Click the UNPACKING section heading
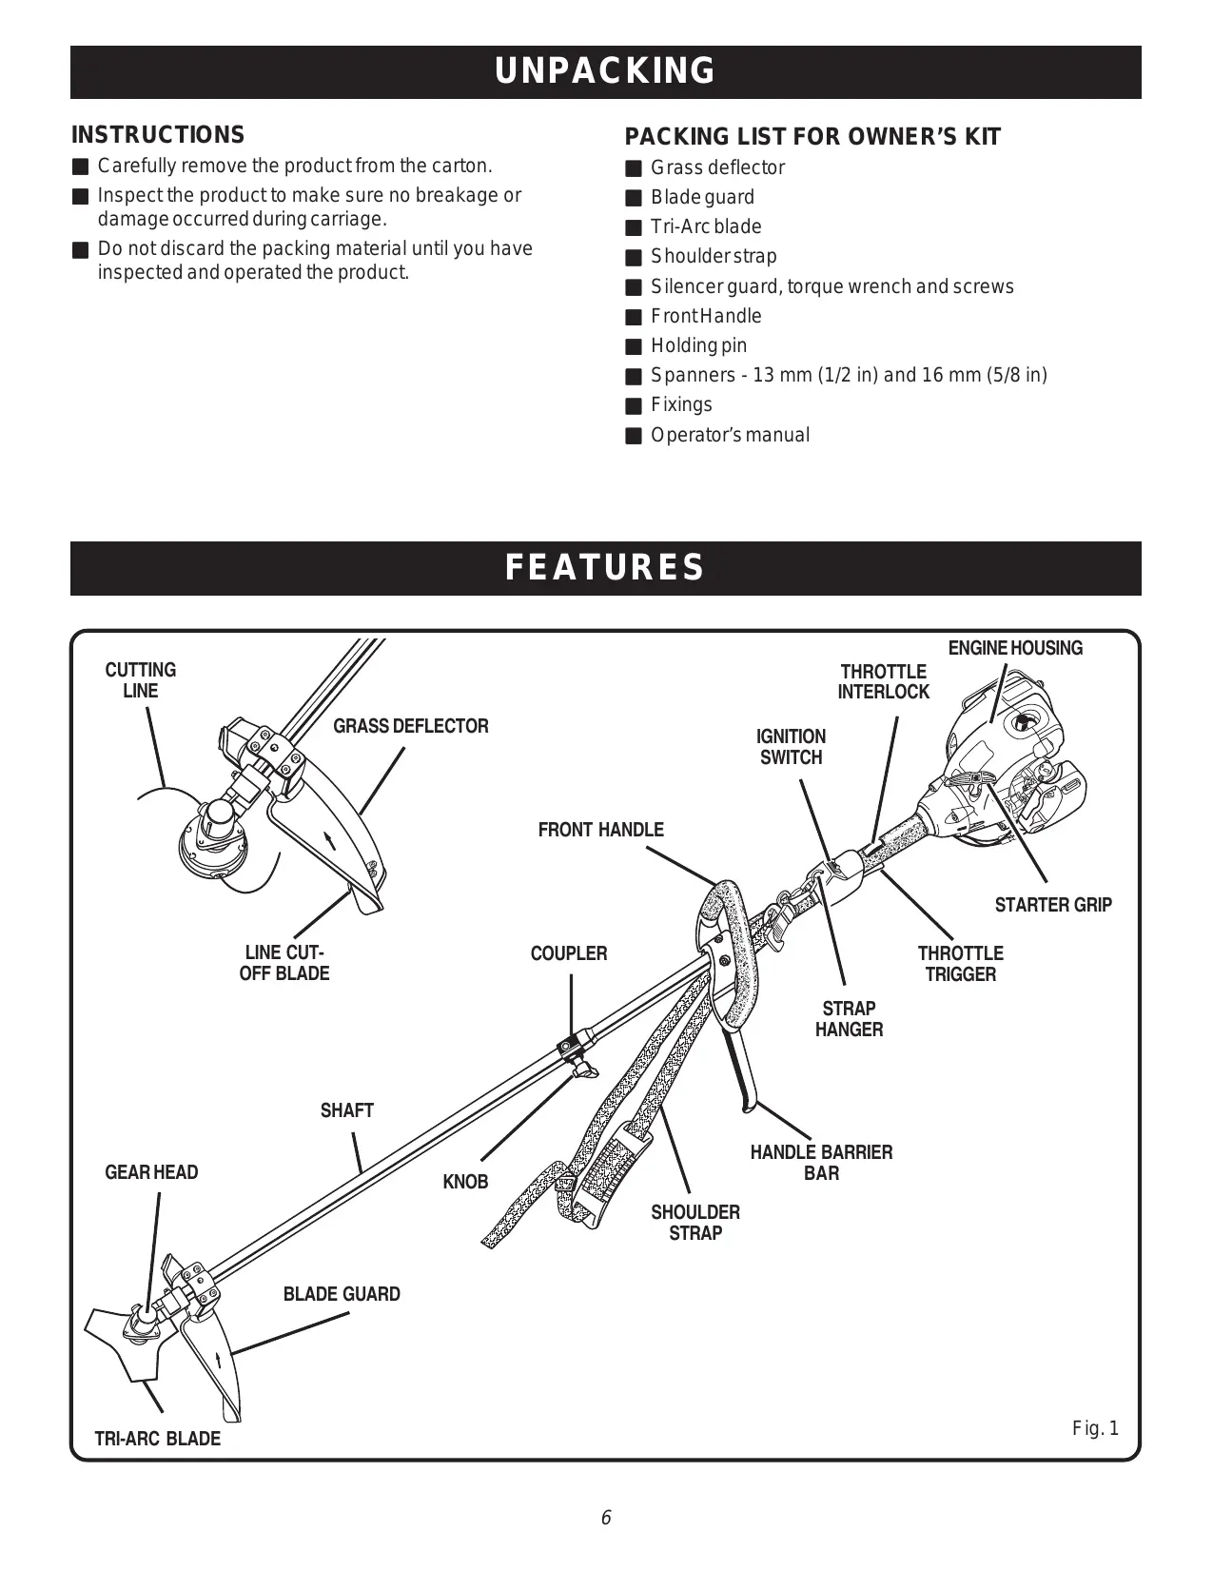[x=605, y=71]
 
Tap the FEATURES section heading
[x=605, y=567]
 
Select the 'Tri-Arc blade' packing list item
[x=706, y=226]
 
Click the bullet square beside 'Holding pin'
[x=634, y=346]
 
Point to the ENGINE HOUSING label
[x=1015, y=648]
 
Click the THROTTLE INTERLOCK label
[x=883, y=682]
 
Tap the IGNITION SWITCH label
[x=791, y=747]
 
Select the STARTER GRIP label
[x=1052, y=905]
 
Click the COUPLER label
[x=568, y=953]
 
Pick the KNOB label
[x=465, y=1182]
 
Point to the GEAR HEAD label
[x=151, y=1172]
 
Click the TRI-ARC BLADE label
[x=157, y=1439]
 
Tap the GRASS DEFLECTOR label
[x=410, y=726]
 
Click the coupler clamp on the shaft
[x=571, y=1047]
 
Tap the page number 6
[x=605, y=1518]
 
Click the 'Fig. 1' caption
[x=1095, y=1428]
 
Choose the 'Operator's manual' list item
[x=730, y=435]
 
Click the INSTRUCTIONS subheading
[x=158, y=135]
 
